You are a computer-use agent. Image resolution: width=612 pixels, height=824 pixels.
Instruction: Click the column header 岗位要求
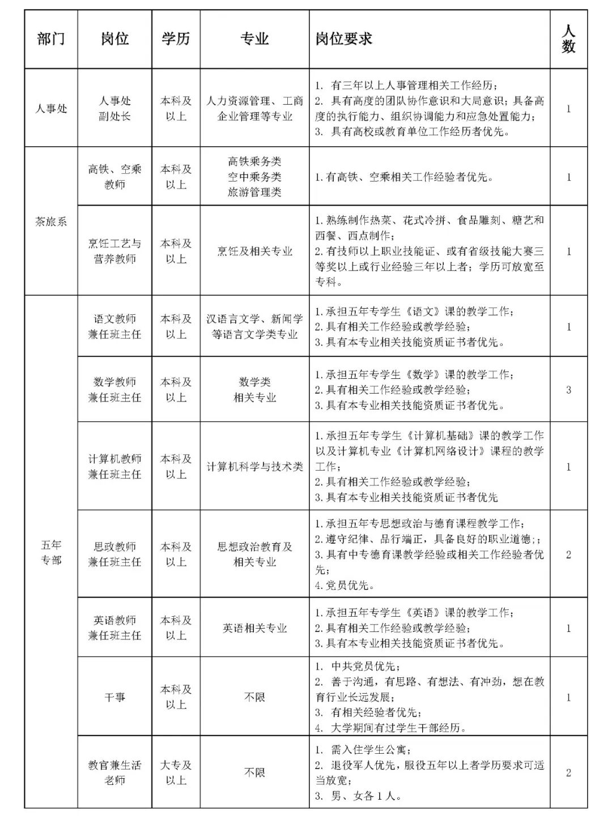pyautogui.click(x=344, y=39)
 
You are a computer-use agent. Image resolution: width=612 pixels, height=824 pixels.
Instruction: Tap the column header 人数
pyautogui.click(x=568, y=39)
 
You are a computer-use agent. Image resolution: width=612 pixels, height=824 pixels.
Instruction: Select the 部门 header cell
pyautogui.click(x=51, y=39)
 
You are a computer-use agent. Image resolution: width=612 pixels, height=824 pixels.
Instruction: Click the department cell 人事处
pyautogui.click(x=51, y=108)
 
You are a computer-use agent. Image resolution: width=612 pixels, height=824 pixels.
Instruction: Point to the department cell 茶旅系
pyautogui.click(x=51, y=221)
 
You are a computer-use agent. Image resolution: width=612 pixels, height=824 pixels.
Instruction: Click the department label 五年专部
pyautogui.click(x=51, y=553)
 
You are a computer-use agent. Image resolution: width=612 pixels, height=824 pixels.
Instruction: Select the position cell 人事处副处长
pyautogui.click(x=114, y=108)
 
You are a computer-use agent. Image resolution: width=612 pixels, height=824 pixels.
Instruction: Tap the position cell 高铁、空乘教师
pyautogui.click(x=114, y=177)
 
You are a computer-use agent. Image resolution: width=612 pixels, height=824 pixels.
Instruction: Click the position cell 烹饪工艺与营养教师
pyautogui.click(x=114, y=251)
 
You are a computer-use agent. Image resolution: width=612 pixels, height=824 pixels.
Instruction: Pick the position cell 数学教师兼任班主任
pyautogui.click(x=114, y=390)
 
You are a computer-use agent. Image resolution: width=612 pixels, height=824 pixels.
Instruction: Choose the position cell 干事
pyautogui.click(x=114, y=697)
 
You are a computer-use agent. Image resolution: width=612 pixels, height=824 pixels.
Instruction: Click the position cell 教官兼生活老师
pyautogui.click(x=114, y=772)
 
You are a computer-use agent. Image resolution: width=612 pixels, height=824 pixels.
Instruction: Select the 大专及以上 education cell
pyautogui.click(x=176, y=772)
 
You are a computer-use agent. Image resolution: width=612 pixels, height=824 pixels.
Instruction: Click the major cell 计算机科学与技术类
pyautogui.click(x=254, y=467)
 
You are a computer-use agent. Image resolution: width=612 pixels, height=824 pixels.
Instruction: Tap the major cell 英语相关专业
pyautogui.click(x=254, y=628)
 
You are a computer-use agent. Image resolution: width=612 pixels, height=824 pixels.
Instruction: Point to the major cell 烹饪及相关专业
pyautogui.click(x=254, y=251)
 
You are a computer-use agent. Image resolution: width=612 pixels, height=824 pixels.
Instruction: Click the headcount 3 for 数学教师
pyautogui.click(x=568, y=390)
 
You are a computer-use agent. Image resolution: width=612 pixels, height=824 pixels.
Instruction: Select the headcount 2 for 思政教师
pyautogui.click(x=568, y=554)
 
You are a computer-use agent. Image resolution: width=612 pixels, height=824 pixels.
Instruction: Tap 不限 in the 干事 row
pyautogui.click(x=254, y=697)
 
